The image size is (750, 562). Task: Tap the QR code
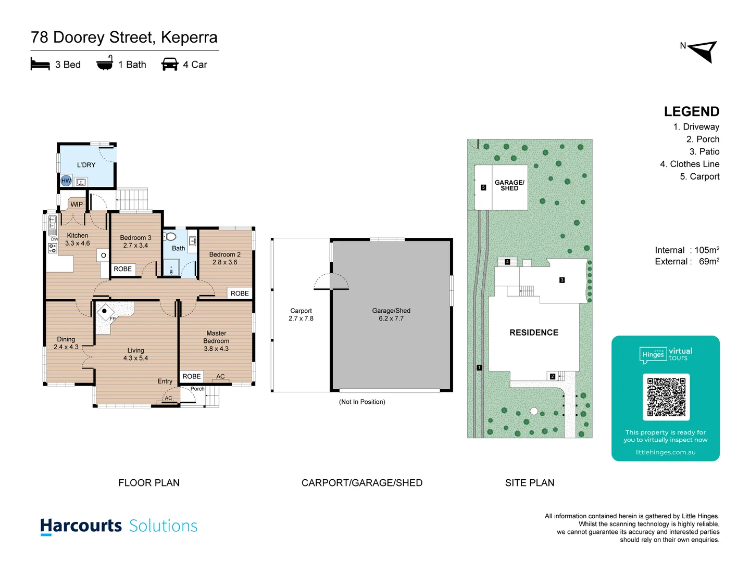pos(666,397)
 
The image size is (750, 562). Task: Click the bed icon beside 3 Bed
pos(40,64)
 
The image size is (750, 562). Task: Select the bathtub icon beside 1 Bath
pos(105,63)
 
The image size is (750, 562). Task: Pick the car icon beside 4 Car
pos(170,64)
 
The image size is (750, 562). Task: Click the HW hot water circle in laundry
pos(66,181)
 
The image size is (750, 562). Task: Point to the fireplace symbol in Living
pos(104,311)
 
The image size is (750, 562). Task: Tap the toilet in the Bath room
pos(170,237)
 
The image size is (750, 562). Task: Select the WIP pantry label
pos(77,204)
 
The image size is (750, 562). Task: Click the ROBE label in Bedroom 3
pos(123,269)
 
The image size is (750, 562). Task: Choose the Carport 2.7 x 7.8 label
pos(301,314)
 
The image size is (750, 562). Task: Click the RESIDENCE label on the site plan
pos(534,333)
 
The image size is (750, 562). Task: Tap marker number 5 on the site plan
pos(483,187)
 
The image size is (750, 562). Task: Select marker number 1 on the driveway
pos(479,367)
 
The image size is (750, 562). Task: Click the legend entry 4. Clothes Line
pos(690,164)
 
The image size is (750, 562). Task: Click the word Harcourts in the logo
pos(81,526)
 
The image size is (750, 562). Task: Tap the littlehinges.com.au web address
pos(665,452)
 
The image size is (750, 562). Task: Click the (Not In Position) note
pos(362,402)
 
